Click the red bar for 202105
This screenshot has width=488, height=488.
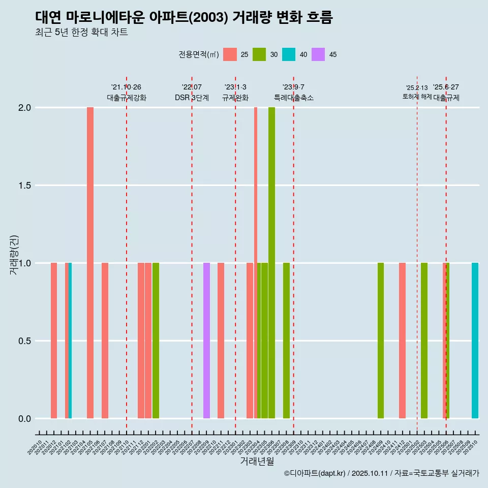click(90, 263)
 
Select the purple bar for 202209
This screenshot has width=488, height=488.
click(206, 341)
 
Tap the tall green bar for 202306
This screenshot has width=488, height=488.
click(271, 263)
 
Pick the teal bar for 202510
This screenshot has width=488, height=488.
click(475, 341)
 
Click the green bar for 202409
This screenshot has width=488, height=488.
click(381, 341)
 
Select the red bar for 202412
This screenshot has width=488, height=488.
click(402, 341)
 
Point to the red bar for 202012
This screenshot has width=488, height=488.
click(54, 341)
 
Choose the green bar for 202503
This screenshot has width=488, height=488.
click(424, 341)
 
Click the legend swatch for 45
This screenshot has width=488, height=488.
click(318, 54)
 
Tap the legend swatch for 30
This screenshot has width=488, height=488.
click(259, 54)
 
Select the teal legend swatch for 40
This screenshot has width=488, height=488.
click(289, 54)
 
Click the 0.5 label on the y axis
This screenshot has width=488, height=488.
click(25, 341)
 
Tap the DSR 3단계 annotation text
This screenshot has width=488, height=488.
click(192, 98)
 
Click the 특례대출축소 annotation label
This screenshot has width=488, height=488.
click(293, 98)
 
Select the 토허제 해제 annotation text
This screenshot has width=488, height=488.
click(417, 96)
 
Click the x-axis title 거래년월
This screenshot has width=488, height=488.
click(257, 462)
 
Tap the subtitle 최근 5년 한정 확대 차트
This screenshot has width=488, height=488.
click(81, 33)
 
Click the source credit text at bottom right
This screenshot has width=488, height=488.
click(381, 473)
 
